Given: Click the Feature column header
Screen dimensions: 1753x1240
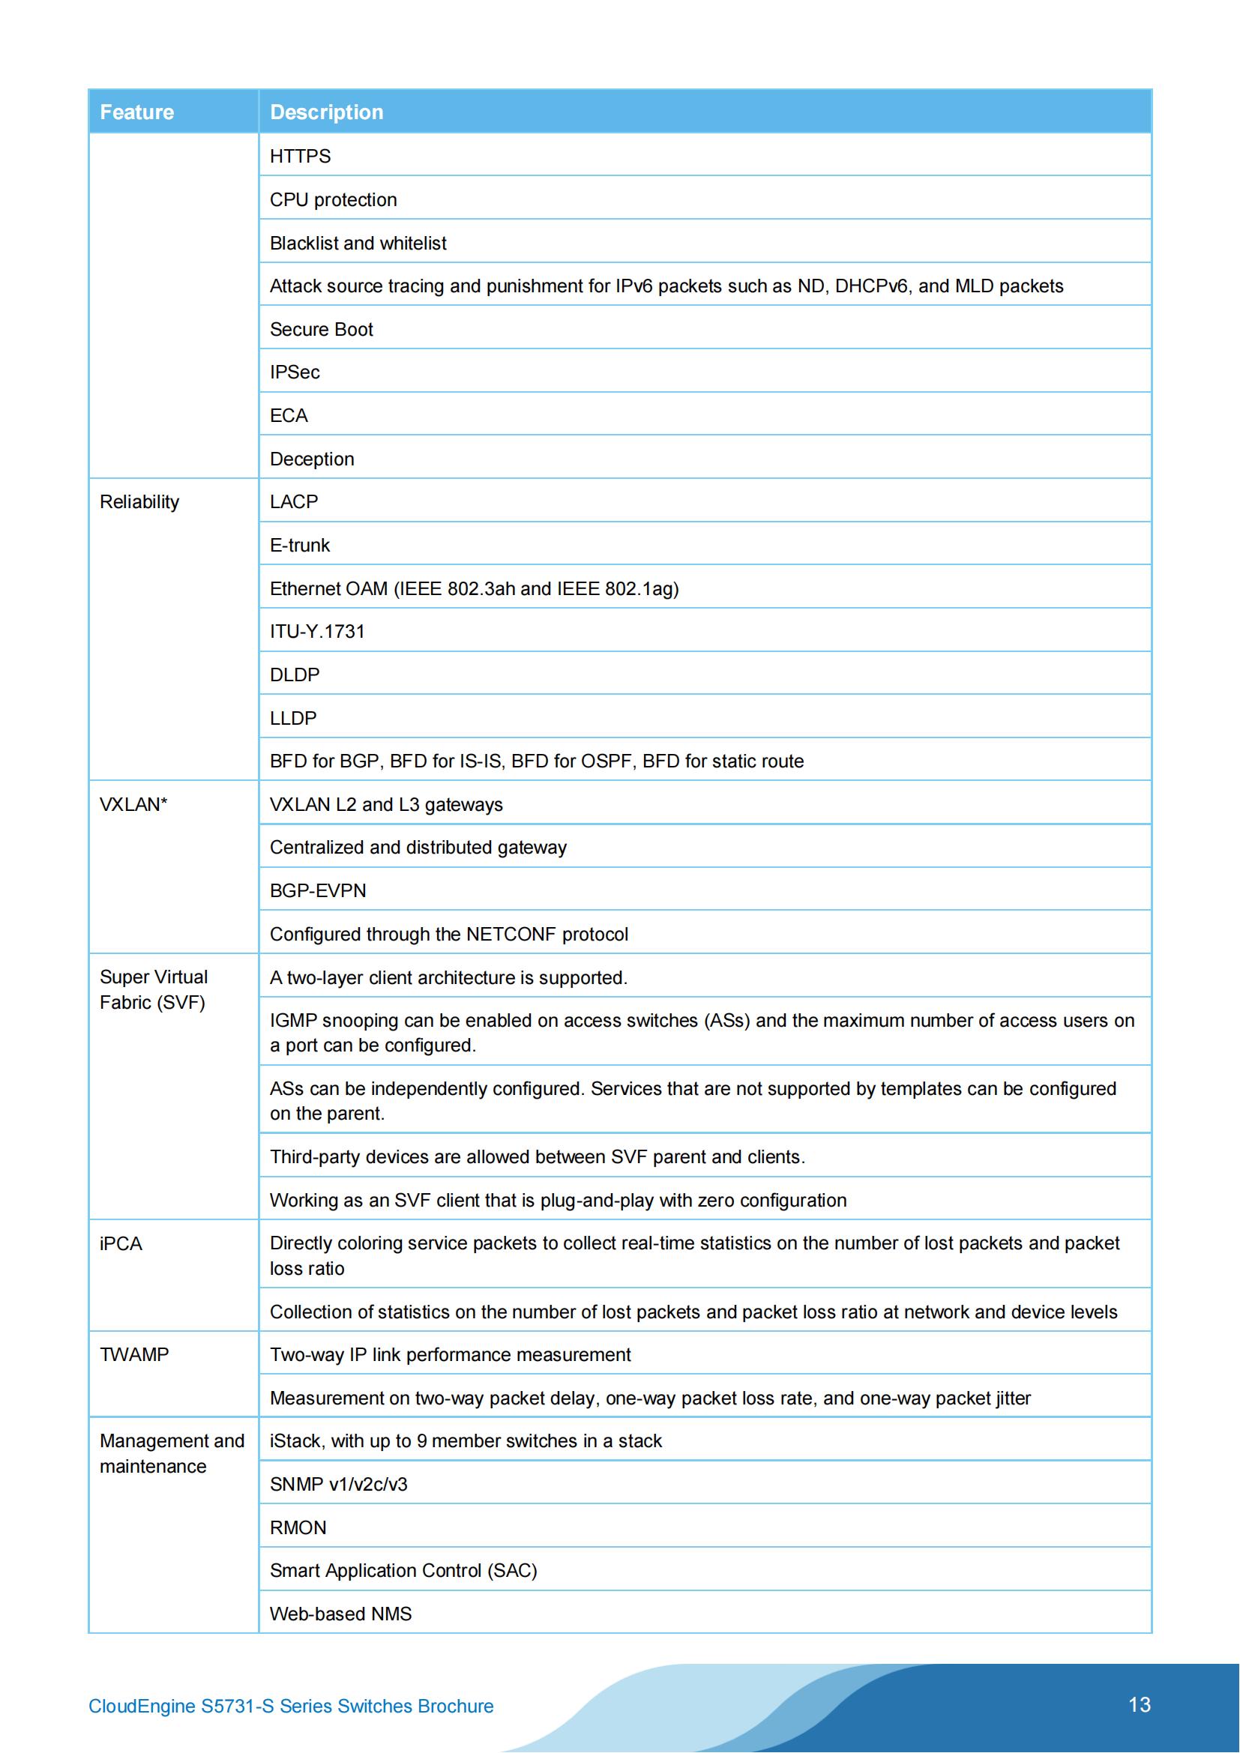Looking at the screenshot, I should tap(136, 112).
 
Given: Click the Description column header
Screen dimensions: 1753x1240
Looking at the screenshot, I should tap(326, 112).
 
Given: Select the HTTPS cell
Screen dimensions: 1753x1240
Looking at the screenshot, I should tap(300, 157).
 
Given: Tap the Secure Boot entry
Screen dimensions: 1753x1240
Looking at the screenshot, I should tap(322, 329).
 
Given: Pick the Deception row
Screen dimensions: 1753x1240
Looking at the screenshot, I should tap(312, 459).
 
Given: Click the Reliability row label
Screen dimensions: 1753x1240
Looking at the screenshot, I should tap(139, 501).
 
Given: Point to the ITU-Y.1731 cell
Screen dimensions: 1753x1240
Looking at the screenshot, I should tap(317, 631).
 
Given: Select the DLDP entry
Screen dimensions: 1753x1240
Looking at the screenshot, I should tap(294, 675).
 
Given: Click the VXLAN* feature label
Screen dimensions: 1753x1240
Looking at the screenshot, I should tap(133, 804).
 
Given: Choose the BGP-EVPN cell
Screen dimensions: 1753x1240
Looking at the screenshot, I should tap(318, 890).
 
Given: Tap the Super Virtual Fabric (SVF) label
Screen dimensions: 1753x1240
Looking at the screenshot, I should tap(154, 989).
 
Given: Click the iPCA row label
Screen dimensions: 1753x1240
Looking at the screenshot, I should tap(121, 1244).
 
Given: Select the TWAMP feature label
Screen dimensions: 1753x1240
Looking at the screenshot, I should tap(133, 1354).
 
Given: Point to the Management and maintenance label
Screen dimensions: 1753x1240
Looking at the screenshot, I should tap(172, 1453).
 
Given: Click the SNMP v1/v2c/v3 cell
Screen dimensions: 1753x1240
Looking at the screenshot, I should tap(338, 1484).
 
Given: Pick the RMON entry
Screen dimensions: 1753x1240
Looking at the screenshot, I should tap(298, 1527).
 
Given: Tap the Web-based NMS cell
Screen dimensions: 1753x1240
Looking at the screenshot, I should tap(340, 1614).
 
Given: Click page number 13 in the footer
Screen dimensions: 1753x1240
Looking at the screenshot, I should tap(1140, 1704).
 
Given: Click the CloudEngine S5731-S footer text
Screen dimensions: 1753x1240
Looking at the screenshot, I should tap(291, 1706).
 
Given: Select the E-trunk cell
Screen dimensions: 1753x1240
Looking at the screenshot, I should tap(299, 545).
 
